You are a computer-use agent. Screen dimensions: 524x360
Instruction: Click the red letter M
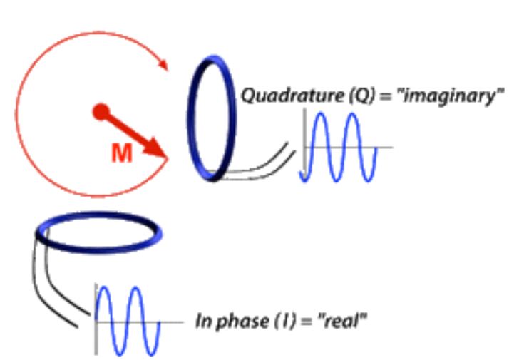122,153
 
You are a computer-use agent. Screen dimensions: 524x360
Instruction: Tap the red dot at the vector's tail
101,112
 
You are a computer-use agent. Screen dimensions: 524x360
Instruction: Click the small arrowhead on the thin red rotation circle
163,64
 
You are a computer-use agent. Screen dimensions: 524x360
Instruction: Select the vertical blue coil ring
190,118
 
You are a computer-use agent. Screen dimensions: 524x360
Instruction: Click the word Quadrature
292,96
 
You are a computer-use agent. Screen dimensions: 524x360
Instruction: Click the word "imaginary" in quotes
450,97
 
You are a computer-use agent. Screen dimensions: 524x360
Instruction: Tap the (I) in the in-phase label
286,321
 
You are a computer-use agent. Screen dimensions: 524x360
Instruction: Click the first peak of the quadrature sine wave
320,114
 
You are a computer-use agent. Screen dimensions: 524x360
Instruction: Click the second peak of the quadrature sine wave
352,114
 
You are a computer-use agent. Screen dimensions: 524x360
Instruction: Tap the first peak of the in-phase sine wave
103,288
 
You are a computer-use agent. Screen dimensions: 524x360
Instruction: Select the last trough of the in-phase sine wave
152,354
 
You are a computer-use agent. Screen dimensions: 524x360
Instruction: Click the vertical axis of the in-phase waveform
96,319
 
